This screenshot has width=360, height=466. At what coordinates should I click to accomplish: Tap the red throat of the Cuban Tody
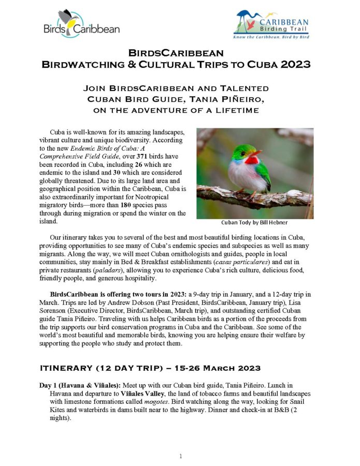pos(252,160)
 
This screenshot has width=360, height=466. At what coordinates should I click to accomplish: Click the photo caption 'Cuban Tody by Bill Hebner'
pos(254,223)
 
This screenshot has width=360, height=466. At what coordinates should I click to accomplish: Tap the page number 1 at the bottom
pos(180,456)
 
